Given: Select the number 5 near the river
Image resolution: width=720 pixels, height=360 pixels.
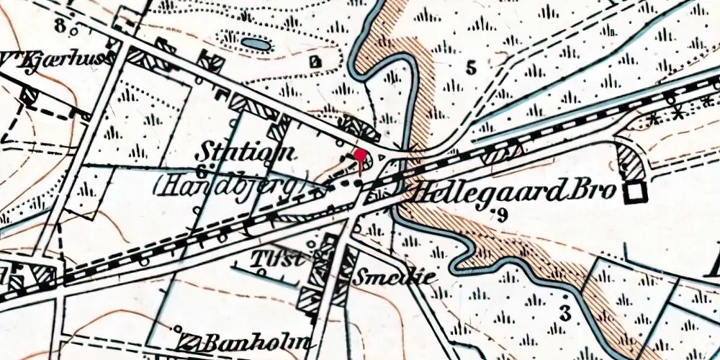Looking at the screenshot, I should pyautogui.click(x=471, y=69).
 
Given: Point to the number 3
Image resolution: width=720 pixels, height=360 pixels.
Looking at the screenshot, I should pyautogui.click(x=565, y=313).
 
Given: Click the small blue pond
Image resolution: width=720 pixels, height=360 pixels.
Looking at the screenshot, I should pyautogui.click(x=253, y=45).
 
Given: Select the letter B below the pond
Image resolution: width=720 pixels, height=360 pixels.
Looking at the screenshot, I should pyautogui.click(x=315, y=62).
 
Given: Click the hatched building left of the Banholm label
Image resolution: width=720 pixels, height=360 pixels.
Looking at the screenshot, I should pyautogui.click(x=189, y=342).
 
